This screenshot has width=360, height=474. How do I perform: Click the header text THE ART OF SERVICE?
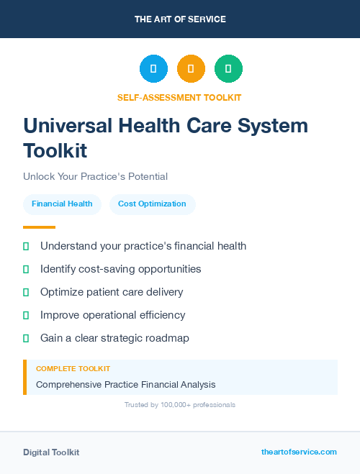click(180, 19)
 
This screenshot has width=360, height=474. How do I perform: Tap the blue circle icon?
click(153, 69)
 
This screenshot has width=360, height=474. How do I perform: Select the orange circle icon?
click(191, 69)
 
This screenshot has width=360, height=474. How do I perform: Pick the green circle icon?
click(228, 69)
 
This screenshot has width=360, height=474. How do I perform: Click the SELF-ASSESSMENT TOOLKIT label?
click(179, 97)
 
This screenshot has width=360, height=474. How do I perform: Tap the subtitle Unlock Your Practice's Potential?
click(95, 176)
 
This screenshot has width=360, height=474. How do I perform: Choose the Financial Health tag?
click(62, 204)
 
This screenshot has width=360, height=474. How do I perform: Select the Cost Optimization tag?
click(152, 204)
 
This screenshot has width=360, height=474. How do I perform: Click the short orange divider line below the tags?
click(39, 227)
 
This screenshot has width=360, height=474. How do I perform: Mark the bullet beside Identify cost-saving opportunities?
click(26, 269)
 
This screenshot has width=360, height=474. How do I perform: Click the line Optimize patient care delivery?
click(112, 292)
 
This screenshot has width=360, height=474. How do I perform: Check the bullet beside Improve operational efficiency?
click(26, 315)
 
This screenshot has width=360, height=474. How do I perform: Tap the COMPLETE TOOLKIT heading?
click(73, 368)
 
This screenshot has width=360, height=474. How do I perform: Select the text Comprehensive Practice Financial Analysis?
click(125, 384)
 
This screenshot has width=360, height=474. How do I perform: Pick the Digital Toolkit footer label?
click(51, 452)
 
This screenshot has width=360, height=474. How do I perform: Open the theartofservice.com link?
click(299, 452)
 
